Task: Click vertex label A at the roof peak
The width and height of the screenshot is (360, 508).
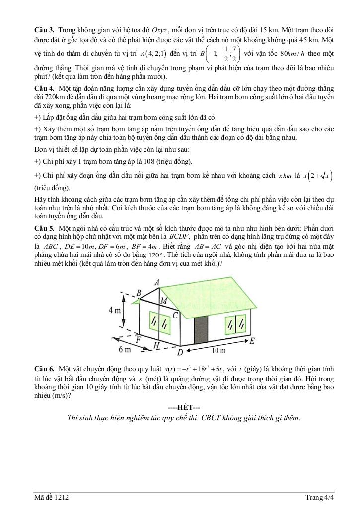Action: (157, 282)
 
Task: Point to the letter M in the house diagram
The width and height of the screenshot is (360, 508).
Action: (164, 301)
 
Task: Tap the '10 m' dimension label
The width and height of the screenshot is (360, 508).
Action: (218, 351)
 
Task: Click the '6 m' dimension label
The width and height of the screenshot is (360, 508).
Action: (125, 350)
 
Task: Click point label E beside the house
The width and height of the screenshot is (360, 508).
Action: (252, 341)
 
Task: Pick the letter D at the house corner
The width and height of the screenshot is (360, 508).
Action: (180, 352)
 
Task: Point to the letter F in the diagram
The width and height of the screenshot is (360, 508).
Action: (139, 339)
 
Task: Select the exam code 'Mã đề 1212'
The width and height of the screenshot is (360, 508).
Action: (50, 498)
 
